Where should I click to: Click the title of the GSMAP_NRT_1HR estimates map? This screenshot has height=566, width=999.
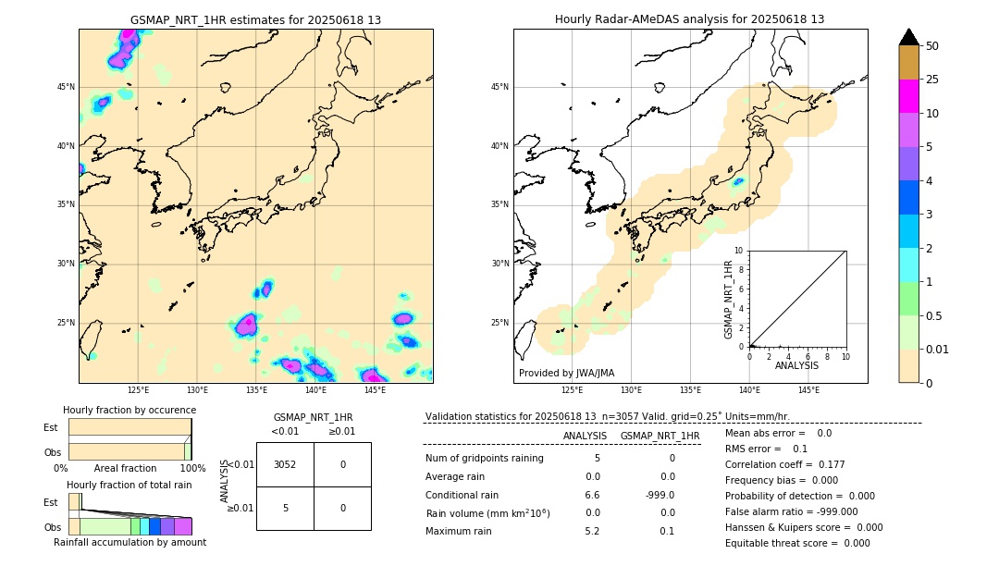click(255, 19)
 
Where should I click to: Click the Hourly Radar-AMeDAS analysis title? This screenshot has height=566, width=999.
click(689, 19)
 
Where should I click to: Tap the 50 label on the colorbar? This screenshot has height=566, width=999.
click(932, 46)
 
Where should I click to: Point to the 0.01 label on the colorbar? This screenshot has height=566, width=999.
click(937, 350)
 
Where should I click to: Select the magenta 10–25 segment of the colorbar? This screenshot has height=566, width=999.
click(908, 96)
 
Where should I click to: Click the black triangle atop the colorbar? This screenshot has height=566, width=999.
click(908, 37)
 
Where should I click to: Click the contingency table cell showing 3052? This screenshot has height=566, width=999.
click(285, 464)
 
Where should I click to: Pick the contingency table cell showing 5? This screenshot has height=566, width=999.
click(285, 508)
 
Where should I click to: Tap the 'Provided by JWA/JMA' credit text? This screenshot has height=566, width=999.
click(566, 373)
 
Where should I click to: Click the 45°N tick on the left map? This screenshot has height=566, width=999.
click(66, 87)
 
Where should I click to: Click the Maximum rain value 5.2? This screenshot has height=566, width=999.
click(592, 531)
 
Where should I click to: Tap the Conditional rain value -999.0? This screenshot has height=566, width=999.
click(660, 495)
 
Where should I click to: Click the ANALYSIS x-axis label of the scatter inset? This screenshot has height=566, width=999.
click(796, 366)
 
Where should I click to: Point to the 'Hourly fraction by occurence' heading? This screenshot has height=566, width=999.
click(129, 410)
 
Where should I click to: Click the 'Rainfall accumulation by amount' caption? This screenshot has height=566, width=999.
click(129, 542)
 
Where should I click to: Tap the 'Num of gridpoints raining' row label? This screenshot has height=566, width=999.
click(485, 459)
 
